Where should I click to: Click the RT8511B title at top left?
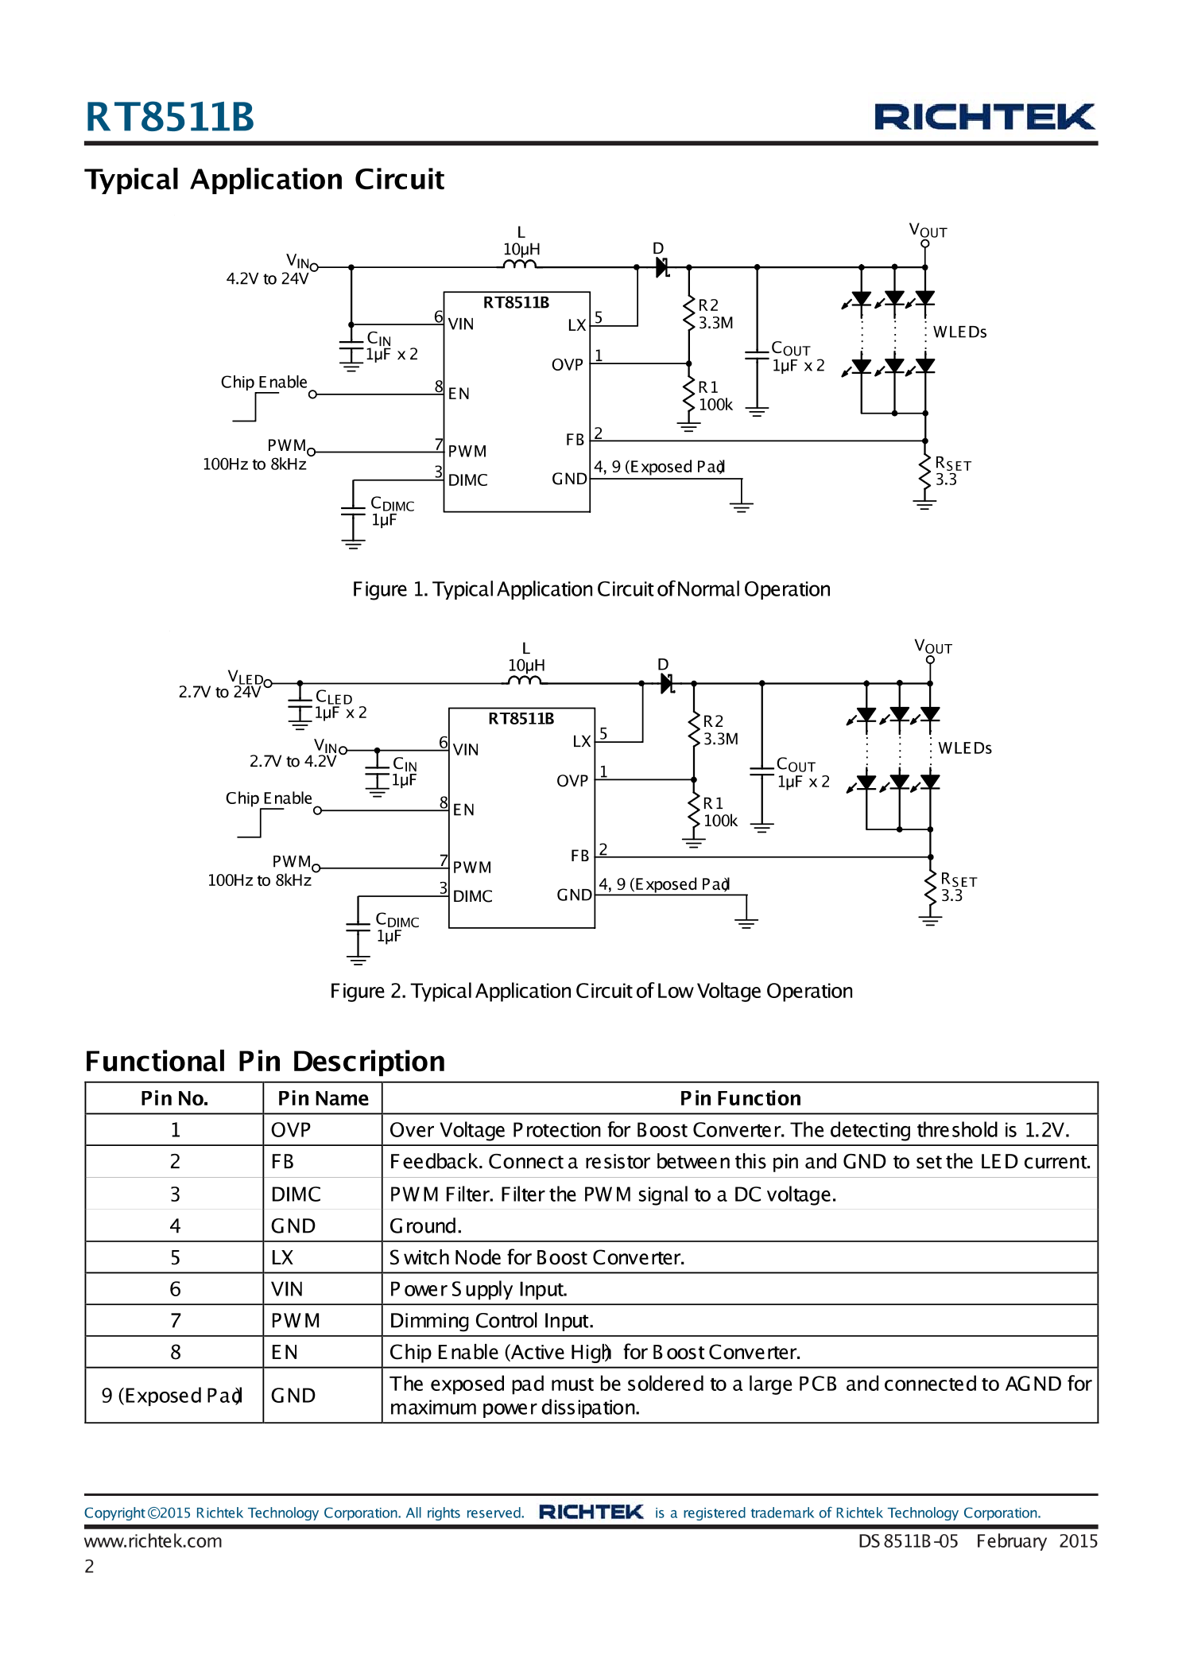point(169,117)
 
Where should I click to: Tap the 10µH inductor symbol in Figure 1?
point(521,265)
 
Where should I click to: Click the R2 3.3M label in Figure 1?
point(715,314)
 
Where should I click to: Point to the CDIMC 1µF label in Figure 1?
point(391,512)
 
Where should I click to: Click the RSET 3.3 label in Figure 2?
point(957,887)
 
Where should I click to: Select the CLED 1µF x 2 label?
point(339,705)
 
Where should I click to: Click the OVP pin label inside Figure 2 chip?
point(572,781)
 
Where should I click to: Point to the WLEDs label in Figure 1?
point(959,332)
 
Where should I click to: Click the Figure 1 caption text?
point(591,589)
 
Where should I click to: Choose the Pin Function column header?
point(739,1098)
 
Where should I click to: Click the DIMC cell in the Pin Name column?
point(296,1194)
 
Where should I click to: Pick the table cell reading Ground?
point(425,1226)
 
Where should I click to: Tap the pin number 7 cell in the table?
point(175,1321)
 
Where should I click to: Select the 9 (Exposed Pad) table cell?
point(172,1396)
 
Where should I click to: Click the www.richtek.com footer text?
point(153,1541)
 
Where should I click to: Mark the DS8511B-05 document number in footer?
point(908,1541)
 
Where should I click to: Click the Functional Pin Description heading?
point(265,1062)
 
